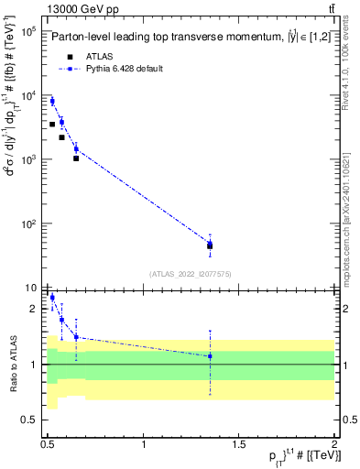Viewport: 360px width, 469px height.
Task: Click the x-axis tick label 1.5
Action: [x=239, y=444]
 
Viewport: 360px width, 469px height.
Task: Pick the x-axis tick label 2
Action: [x=334, y=444]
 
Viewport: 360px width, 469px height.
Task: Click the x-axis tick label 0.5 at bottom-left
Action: [x=48, y=444]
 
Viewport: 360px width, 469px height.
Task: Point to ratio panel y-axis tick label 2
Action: [x=34, y=309]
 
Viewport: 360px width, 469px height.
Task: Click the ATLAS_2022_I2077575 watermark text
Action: [x=190, y=273]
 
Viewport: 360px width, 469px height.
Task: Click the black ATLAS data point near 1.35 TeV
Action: [x=210, y=245]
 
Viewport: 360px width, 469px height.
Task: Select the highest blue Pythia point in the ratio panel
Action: [x=52, y=298]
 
